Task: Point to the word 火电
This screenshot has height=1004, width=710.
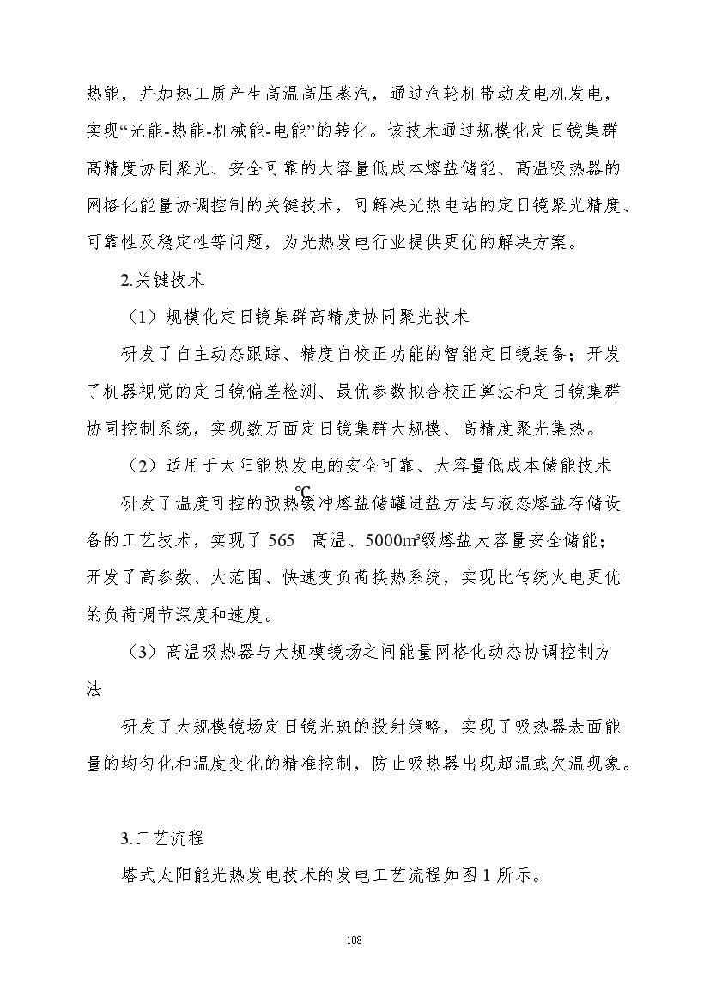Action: [x=570, y=578]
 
